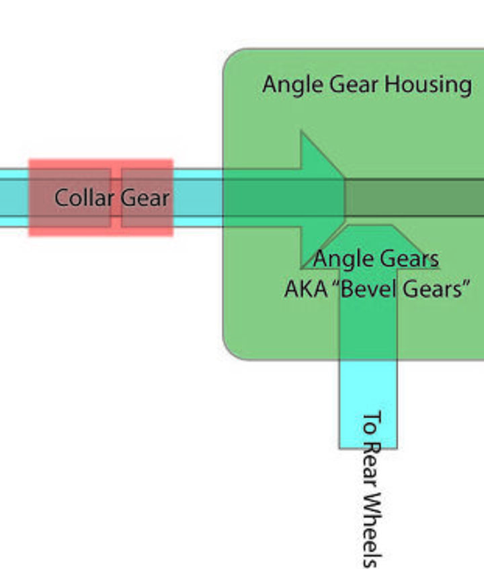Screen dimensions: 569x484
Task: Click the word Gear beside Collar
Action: pos(145,198)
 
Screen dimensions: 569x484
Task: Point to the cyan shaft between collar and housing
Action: pos(198,197)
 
